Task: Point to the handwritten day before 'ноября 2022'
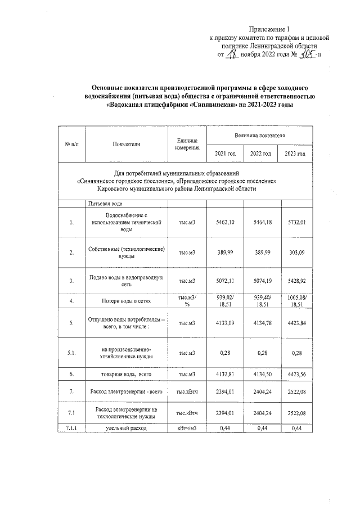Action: click(231, 55)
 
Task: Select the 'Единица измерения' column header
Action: click(187, 145)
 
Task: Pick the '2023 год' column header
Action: click(295, 154)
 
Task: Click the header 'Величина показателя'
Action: click(260, 136)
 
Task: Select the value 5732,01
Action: click(295, 223)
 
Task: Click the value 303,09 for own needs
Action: click(295, 253)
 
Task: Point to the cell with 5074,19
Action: click(260, 280)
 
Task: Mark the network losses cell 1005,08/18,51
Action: click(295, 301)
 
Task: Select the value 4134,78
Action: click(260, 323)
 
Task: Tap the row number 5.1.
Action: click(72, 353)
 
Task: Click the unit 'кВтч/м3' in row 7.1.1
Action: click(187, 429)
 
